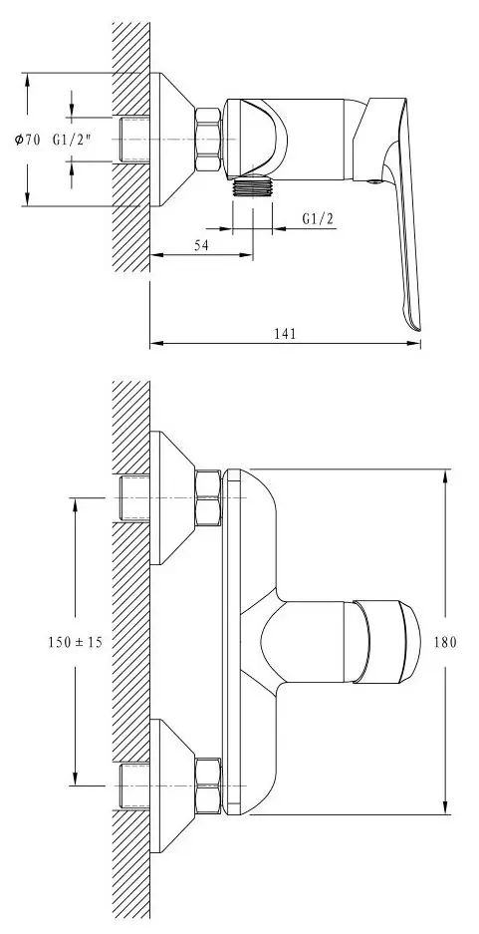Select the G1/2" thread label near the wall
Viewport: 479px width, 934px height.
point(74,141)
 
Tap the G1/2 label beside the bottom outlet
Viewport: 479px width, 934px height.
point(316,218)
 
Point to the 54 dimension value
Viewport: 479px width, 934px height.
point(200,245)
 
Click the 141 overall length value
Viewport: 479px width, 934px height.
point(284,334)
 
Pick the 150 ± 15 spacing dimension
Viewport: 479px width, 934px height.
point(75,643)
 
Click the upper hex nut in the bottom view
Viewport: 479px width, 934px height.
point(209,497)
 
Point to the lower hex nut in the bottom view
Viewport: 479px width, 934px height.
point(209,787)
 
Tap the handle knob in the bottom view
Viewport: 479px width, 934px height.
point(383,643)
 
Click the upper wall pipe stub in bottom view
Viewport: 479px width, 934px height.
point(132,497)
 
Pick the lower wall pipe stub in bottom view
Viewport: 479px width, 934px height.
point(132,787)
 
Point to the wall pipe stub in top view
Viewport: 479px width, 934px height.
point(132,140)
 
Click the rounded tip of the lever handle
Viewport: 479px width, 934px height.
point(412,319)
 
